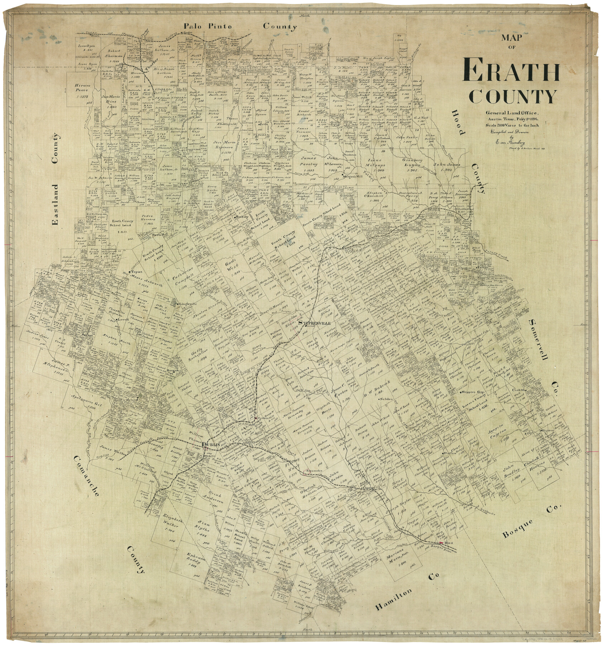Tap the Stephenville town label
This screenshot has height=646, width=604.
tap(318, 323)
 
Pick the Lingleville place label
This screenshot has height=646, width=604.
tap(189, 304)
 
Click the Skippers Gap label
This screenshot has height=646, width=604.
tap(474, 392)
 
